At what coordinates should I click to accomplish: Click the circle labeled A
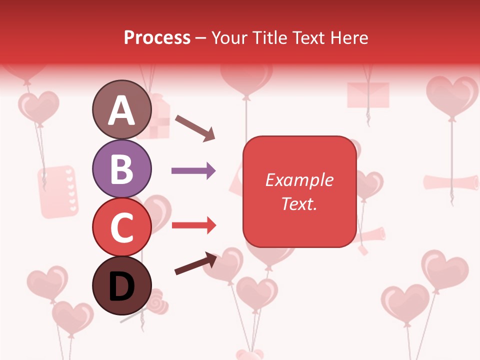point(121,109)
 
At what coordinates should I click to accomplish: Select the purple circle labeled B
point(121,168)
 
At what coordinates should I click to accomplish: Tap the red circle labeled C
point(121,226)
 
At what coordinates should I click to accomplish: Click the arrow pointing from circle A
point(195,127)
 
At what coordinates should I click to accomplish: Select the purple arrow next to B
point(193,171)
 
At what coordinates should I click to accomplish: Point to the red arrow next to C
point(193,226)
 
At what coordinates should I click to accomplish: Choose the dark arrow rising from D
point(196,263)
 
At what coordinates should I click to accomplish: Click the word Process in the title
point(157,37)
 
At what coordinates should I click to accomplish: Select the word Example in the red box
point(299,180)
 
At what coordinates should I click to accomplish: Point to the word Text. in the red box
point(299,203)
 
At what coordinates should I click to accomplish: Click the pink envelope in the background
point(368,94)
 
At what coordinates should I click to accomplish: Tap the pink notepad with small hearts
point(57,191)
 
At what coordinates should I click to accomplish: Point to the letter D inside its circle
point(121,286)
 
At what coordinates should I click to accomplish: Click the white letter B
point(121,169)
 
